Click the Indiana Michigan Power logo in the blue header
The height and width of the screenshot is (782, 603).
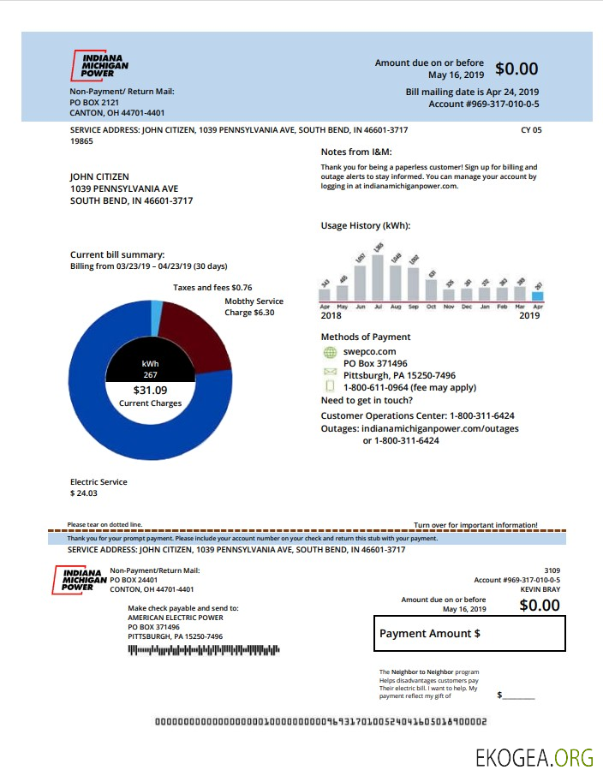tap(99, 64)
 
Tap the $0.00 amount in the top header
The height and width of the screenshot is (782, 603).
tap(516, 69)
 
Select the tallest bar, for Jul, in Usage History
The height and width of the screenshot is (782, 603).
tap(378, 275)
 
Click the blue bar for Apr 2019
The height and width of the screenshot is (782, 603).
tap(537, 295)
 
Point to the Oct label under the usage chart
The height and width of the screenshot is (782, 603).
tap(432, 307)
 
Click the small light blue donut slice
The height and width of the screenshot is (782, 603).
tap(156, 318)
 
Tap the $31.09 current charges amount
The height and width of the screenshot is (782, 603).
tap(150, 391)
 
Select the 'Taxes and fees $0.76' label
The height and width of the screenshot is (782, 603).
tap(212, 288)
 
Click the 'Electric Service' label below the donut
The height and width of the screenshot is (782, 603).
tap(99, 482)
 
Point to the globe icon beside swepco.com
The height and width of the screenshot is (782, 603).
tap(330, 352)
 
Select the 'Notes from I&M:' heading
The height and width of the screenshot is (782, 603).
tap(355, 152)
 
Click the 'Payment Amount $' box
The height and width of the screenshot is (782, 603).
tap(469, 634)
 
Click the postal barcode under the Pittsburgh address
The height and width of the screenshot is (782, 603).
tap(204, 651)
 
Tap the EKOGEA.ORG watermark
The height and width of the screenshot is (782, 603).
tap(534, 757)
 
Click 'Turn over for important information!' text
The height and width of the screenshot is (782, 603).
tap(475, 525)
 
